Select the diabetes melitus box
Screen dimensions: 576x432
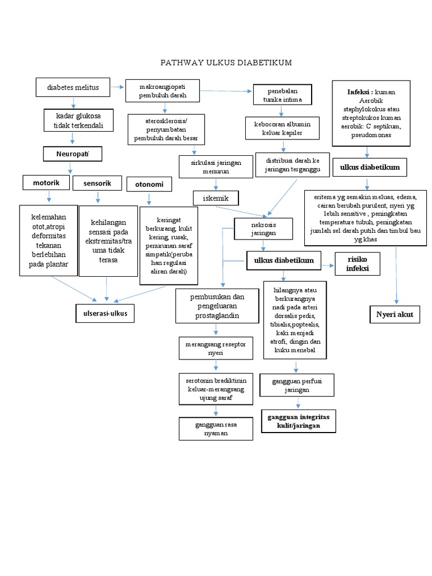(x=73, y=87)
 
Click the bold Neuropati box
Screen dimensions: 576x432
(x=72, y=154)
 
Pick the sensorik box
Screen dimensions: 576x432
(x=97, y=183)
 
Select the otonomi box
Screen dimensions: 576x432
(x=148, y=184)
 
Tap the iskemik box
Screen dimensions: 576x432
(x=215, y=198)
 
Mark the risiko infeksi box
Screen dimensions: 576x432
(x=357, y=264)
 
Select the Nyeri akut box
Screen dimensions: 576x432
(x=394, y=314)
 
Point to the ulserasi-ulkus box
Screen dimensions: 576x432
(x=105, y=314)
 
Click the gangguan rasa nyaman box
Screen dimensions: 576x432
(x=208, y=429)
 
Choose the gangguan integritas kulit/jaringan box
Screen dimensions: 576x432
(x=298, y=421)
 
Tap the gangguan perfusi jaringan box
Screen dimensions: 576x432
(x=298, y=385)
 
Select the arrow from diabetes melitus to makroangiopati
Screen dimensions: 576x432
(x=117, y=87)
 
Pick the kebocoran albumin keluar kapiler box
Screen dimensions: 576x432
(x=282, y=128)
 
